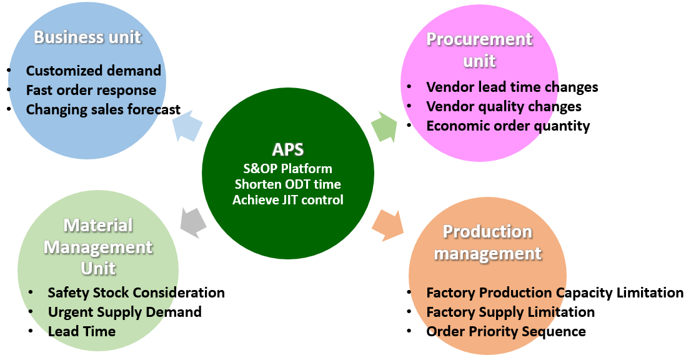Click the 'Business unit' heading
point(87,37)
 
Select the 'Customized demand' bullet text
point(94,71)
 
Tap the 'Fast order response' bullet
point(91,90)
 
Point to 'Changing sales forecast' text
point(103,109)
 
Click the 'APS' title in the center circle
point(288,149)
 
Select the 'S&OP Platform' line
point(288,169)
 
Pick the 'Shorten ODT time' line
point(288,184)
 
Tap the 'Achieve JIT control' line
point(288,200)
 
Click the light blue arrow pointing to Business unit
point(187,125)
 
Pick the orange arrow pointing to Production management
point(387,226)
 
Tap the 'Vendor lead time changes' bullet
point(512,87)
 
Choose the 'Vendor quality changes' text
point(504,106)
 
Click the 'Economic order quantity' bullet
point(508,126)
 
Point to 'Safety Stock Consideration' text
point(136,292)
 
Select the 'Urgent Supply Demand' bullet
point(125,312)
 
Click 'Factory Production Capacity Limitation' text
point(555,292)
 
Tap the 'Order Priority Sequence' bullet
point(506,331)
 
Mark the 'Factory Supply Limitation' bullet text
point(510,312)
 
